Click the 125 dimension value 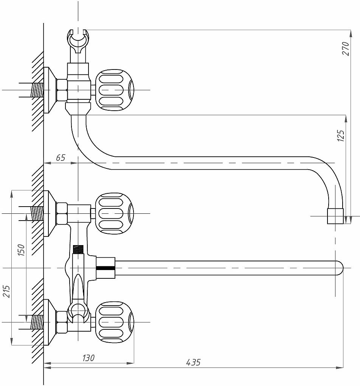pos(341,136)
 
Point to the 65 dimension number pos(61,158)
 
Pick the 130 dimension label pos(88,357)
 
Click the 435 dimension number pos(193,362)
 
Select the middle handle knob pos(114,213)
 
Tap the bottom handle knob pos(114,322)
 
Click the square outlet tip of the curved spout pos(335,216)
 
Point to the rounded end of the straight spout pos(338,268)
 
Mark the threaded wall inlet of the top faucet pos(37,90)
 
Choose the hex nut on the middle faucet pos(62,213)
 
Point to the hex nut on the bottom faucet pos(62,322)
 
